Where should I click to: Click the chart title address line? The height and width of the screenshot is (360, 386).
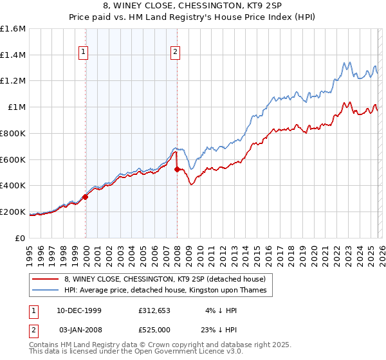point(192,7)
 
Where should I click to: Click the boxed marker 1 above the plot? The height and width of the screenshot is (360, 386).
point(85,54)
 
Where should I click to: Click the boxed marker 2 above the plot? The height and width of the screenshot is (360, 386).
point(176,54)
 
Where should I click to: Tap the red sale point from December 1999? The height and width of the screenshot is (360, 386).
point(86,197)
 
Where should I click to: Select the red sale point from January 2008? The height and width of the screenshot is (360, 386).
point(178,169)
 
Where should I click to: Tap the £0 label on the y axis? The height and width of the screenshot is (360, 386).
point(21,238)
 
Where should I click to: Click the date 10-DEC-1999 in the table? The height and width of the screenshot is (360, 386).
point(78,310)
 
